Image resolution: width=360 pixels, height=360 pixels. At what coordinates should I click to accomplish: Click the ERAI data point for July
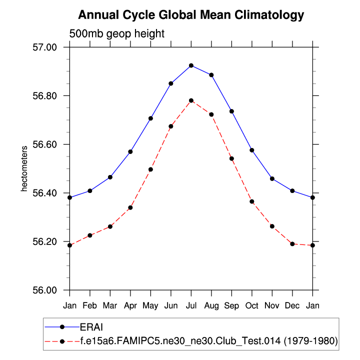click(191, 65)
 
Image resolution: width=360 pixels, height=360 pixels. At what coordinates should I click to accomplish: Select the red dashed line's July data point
click(191, 100)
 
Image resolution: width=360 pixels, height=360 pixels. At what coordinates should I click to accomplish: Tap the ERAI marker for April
click(130, 151)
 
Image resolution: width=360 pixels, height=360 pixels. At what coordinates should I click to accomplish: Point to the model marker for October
click(252, 201)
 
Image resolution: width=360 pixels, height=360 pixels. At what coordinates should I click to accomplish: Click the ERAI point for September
click(231, 111)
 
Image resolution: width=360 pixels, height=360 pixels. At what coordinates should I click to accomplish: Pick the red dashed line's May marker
click(150, 169)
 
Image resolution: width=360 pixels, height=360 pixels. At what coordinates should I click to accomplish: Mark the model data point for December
click(292, 244)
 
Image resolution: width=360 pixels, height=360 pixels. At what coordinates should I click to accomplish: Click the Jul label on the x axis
click(191, 304)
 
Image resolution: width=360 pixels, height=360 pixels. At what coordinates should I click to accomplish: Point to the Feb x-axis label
click(89, 304)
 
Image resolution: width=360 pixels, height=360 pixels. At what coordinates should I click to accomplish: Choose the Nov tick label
click(272, 304)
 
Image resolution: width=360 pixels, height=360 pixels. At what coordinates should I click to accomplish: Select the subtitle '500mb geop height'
click(116, 34)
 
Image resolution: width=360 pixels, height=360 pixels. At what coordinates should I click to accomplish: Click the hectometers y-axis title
click(23, 169)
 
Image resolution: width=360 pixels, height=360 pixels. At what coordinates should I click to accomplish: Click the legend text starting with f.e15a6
click(209, 341)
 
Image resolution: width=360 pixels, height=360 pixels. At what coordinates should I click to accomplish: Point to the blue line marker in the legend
click(62, 327)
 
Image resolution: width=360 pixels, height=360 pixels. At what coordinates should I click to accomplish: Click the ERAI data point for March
click(110, 177)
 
